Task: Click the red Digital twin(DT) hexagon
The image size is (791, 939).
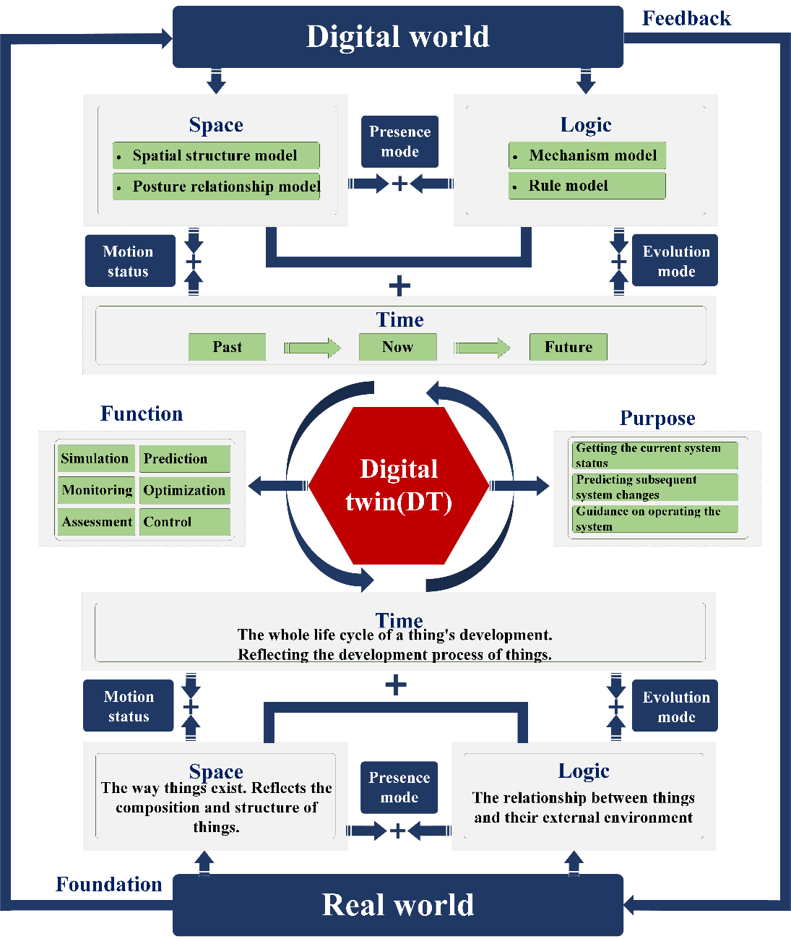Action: pyautogui.click(x=399, y=486)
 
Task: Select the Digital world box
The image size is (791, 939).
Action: pyautogui.click(x=397, y=37)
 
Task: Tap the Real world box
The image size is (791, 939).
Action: pyautogui.click(x=397, y=905)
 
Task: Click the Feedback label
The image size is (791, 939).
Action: pyautogui.click(x=686, y=19)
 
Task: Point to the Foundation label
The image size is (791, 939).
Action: pyautogui.click(x=109, y=884)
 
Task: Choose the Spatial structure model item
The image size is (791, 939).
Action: pyautogui.click(x=215, y=155)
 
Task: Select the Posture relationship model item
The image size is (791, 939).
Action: pyautogui.click(x=217, y=186)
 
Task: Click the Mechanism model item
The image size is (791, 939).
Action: pyautogui.click(x=587, y=155)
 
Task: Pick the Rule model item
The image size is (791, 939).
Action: pyautogui.click(x=587, y=186)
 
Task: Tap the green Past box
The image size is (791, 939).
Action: pyautogui.click(x=227, y=347)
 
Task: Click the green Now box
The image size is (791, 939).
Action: pyautogui.click(x=397, y=347)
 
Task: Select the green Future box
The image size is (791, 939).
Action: pyautogui.click(x=568, y=347)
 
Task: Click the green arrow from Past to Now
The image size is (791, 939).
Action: pyautogui.click(x=312, y=348)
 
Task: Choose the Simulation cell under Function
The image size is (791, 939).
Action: pyautogui.click(x=95, y=458)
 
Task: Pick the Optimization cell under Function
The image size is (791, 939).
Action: pyautogui.click(x=184, y=490)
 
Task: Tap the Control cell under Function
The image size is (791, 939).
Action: pyautogui.click(x=184, y=522)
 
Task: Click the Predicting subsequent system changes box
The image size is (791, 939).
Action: pyautogui.click(x=655, y=487)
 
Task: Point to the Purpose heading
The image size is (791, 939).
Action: pyautogui.click(x=657, y=418)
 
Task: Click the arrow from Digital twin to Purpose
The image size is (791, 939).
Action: pyautogui.click(x=520, y=485)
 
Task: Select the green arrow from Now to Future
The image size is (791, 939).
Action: pyautogui.click(x=482, y=348)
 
